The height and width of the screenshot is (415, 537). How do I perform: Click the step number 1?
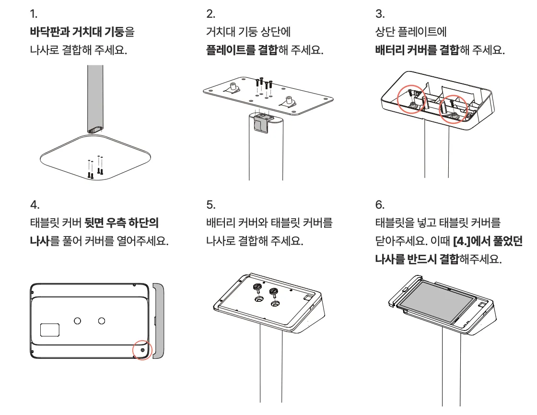pyautogui.click(x=33, y=13)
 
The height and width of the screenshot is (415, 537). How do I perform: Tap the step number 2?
pyautogui.click(x=209, y=13)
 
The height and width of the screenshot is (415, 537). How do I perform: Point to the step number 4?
pyautogui.click(x=34, y=204)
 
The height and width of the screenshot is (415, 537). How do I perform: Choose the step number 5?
pyautogui.click(x=210, y=204)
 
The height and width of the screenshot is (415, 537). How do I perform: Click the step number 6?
pyautogui.click(x=379, y=204)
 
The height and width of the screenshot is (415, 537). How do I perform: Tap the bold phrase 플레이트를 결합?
pyautogui.click(x=242, y=50)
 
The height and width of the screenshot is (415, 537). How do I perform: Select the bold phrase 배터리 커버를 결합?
pyautogui.click(x=417, y=50)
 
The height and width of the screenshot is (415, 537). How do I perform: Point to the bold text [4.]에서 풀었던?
pyautogui.click(x=487, y=241)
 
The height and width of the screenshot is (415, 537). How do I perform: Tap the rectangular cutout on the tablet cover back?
pyautogui.click(x=50, y=330)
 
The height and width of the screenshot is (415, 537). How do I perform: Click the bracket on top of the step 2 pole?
pyautogui.click(x=262, y=122)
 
